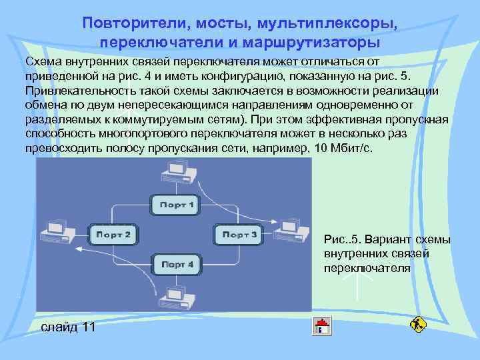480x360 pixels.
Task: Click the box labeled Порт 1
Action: (x=173, y=204)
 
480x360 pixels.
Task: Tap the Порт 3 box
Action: (x=239, y=235)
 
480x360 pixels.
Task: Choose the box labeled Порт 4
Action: (x=177, y=265)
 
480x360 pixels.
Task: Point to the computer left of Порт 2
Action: (x=56, y=229)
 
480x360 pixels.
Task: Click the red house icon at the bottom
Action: (x=323, y=327)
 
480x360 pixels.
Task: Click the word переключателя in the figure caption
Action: (x=367, y=268)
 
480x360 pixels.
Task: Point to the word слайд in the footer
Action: (x=59, y=327)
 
